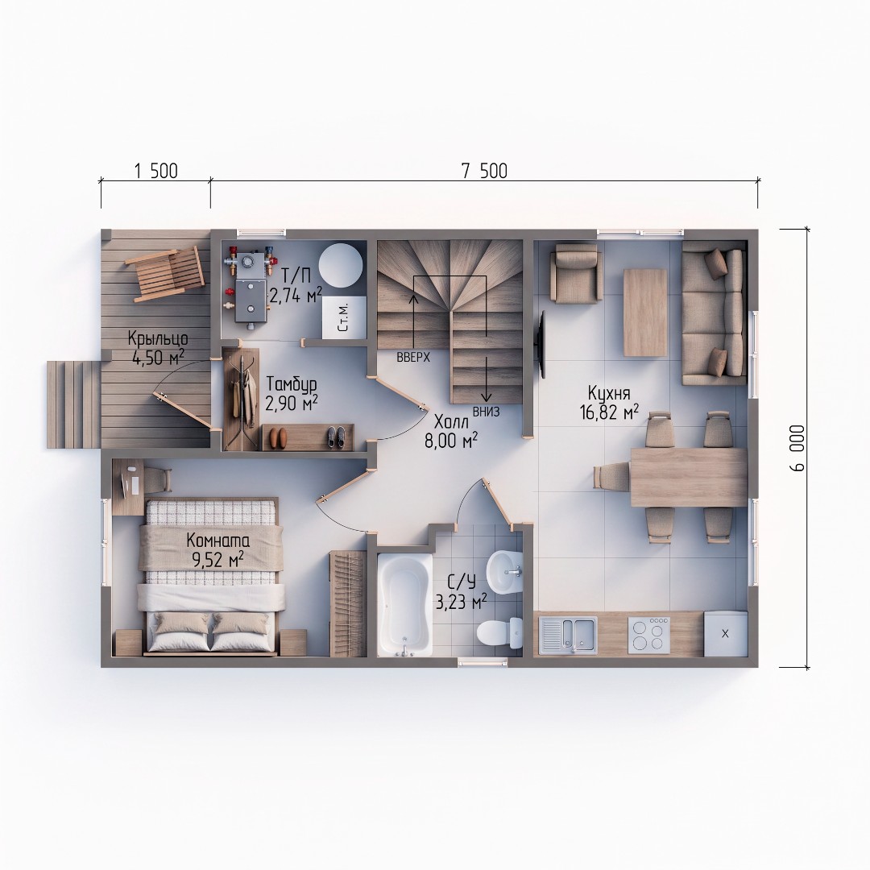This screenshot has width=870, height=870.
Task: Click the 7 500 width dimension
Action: point(484,171)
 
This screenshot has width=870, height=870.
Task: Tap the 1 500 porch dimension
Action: point(156,171)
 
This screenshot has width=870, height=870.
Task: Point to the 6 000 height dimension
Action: point(797,449)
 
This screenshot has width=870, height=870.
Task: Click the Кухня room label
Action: point(609,393)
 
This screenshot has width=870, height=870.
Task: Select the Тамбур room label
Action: point(292,384)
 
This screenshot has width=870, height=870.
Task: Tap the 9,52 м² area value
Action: point(217,559)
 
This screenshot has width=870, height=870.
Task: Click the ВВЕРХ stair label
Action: point(413,358)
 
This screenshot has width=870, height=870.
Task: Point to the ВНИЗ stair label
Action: point(486,412)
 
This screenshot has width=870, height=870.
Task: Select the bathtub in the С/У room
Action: point(404,605)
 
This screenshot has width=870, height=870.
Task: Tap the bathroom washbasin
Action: point(504,570)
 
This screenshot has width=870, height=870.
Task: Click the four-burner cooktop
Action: point(648,634)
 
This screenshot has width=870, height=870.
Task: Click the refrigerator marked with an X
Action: point(725,634)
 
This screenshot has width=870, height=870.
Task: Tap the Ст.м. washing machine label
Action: point(343,317)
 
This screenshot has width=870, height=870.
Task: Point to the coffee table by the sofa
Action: point(645,313)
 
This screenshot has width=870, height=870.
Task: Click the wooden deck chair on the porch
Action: point(166,273)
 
